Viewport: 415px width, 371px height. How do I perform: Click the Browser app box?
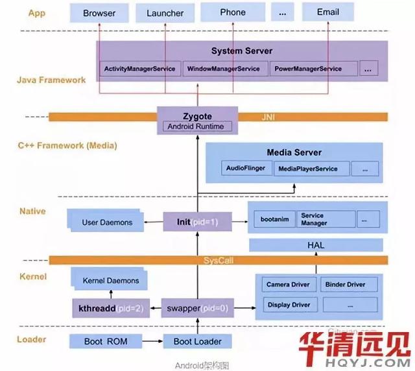[99, 12]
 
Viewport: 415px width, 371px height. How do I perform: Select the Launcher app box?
[165, 12]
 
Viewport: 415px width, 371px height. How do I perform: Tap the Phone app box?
[232, 12]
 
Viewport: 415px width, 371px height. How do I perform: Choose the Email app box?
[328, 12]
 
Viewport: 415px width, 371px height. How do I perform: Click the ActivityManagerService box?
[139, 69]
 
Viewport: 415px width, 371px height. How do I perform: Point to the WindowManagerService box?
[223, 69]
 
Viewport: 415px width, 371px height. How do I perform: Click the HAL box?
[316, 245]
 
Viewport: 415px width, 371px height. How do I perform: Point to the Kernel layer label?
[33, 277]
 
